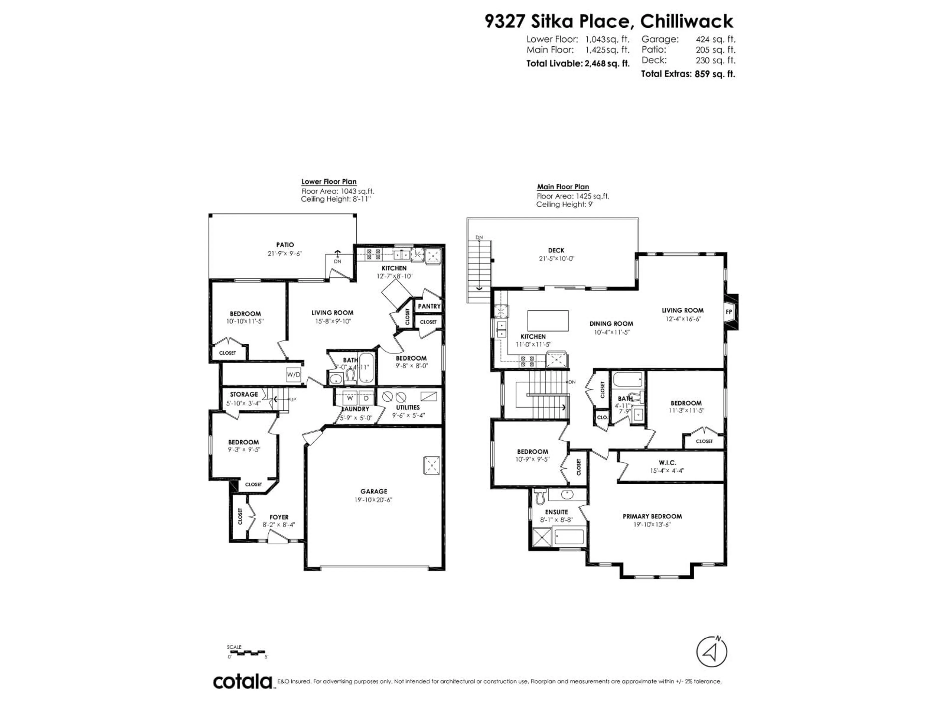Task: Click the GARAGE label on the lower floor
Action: [373, 491]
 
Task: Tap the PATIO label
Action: [285, 245]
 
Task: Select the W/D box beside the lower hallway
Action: [294, 375]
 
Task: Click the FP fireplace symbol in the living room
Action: [729, 312]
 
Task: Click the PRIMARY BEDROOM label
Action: [652, 516]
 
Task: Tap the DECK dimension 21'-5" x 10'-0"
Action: [556, 258]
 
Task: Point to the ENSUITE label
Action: [556, 512]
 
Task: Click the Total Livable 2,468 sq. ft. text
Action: [578, 64]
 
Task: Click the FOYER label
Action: [279, 517]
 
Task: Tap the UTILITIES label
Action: [408, 407]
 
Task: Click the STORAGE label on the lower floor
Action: [244, 394]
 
